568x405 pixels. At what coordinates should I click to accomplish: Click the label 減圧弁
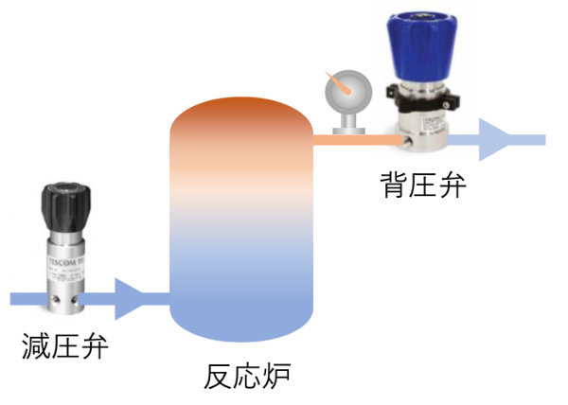(x=64, y=346)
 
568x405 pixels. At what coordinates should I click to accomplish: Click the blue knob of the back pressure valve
(x=432, y=47)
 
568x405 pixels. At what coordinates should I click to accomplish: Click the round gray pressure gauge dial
(x=344, y=93)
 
